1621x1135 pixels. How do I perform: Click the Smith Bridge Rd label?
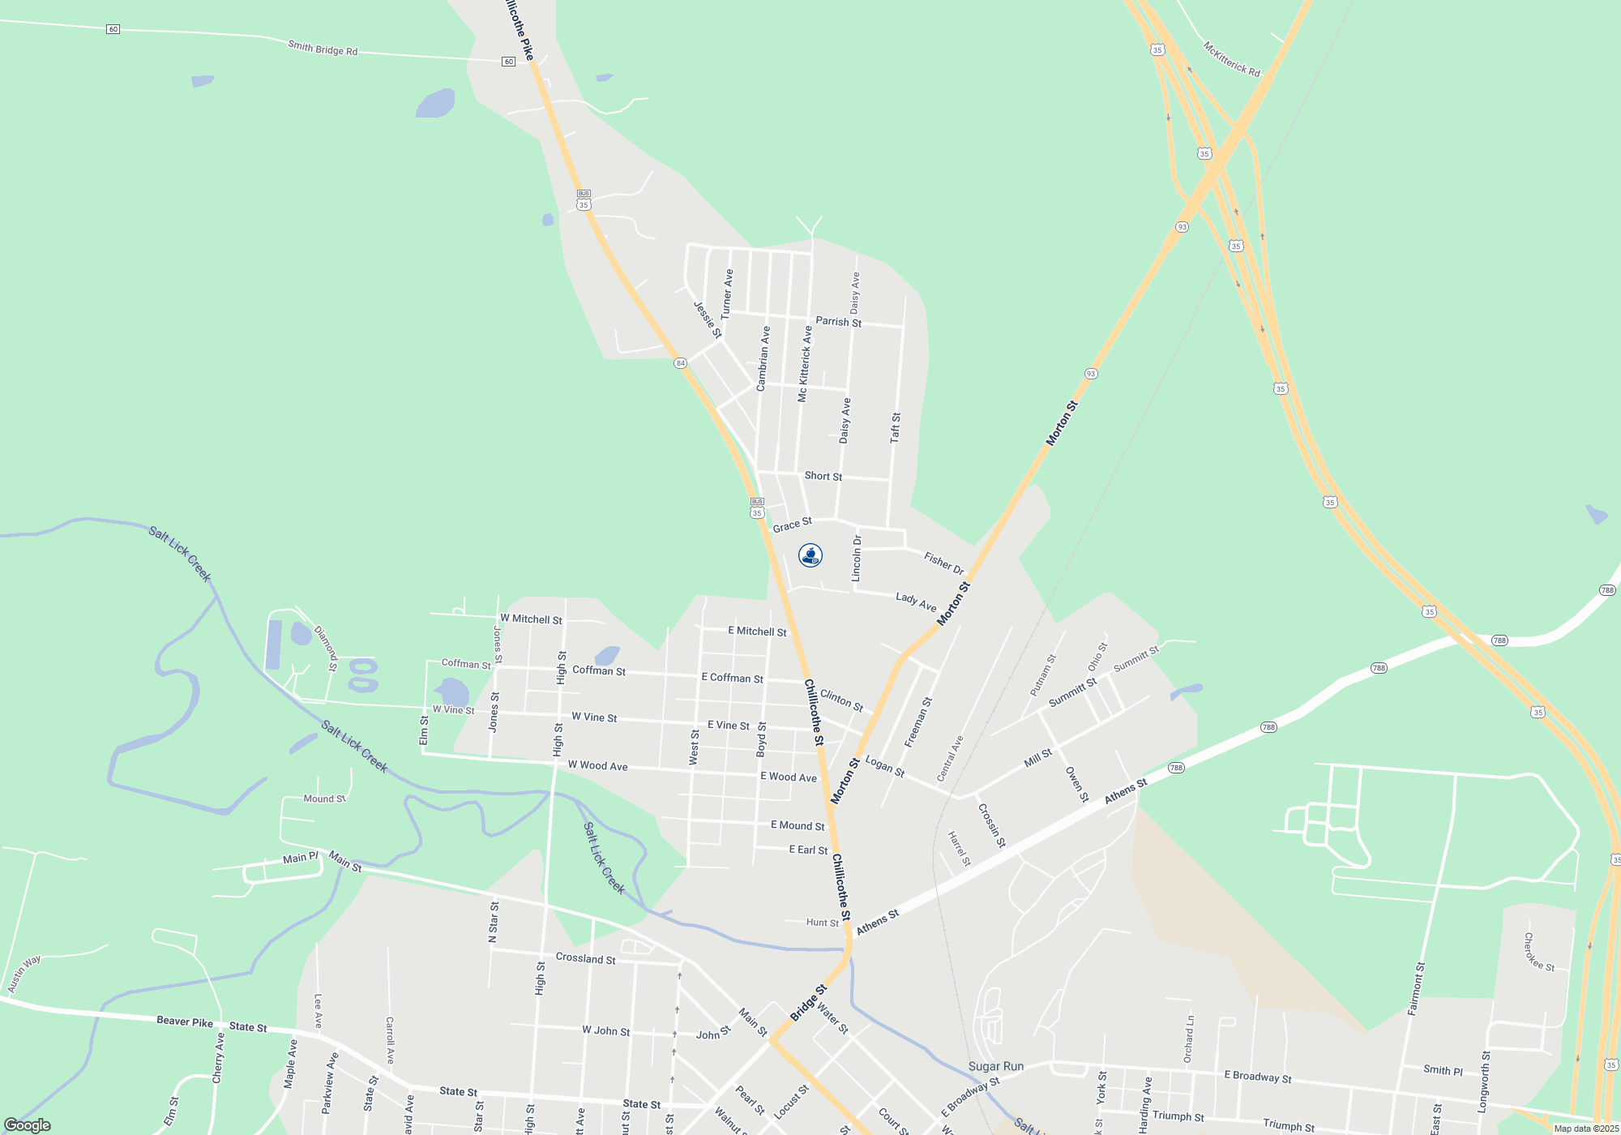[323, 49]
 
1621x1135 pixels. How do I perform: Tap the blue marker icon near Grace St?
[810, 555]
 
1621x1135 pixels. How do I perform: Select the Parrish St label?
[838, 322]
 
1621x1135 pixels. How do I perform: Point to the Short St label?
[823, 476]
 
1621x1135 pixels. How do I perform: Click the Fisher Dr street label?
[943, 563]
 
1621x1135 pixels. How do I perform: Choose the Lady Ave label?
[916, 602]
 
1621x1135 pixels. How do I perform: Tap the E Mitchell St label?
[757, 632]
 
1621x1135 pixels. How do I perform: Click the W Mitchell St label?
[531, 619]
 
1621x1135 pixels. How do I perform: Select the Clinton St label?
[841, 700]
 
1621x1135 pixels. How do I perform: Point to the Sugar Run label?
[996, 1066]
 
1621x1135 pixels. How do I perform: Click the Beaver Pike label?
[185, 1021]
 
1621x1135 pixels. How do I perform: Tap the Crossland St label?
[585, 958]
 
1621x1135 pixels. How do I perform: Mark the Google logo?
[28, 1125]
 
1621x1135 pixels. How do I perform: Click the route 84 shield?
[680, 363]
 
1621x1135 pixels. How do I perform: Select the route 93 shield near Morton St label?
[1091, 374]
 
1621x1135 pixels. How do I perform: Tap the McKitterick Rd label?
[1231, 59]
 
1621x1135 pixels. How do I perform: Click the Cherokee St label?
[1538, 952]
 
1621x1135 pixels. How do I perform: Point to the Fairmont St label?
[1416, 988]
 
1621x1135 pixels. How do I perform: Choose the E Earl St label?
[808, 850]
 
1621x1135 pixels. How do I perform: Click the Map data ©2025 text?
[1585, 1129]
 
